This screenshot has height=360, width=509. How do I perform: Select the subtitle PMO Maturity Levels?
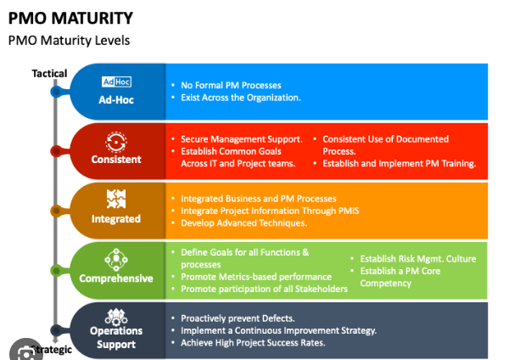coord(69,40)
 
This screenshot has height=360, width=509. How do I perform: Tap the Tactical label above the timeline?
coord(49,73)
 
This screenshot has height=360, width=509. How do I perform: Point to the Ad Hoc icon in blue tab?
coord(116,82)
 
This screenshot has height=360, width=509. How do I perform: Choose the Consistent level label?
coord(116,159)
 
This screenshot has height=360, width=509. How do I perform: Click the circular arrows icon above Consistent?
coord(116,141)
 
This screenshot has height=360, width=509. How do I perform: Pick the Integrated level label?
coord(116,218)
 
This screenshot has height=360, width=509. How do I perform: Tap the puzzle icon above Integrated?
coord(116,200)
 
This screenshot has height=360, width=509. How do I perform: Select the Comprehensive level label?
coord(116,278)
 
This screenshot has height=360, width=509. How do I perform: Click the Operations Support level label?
coord(116,337)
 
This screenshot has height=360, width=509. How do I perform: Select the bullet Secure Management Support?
coord(241,138)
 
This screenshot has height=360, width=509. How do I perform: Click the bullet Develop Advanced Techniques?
coord(243,222)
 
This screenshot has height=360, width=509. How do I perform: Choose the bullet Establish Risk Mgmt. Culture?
coord(418,259)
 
